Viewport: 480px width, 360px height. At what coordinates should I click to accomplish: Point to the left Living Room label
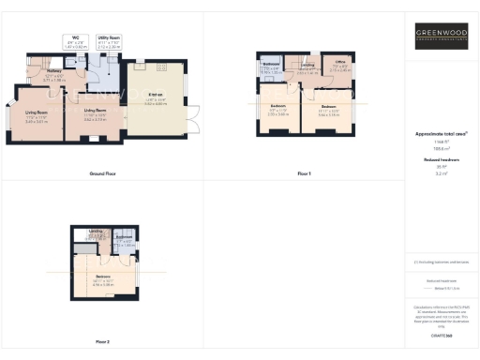37,115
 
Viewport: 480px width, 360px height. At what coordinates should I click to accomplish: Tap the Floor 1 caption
303,174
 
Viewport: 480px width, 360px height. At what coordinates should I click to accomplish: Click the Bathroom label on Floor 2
125,241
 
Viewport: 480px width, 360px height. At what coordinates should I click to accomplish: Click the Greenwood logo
442,40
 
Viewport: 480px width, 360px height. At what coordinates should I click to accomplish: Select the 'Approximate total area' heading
442,134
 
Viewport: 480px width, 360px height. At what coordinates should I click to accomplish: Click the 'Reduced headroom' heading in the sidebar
442,160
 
